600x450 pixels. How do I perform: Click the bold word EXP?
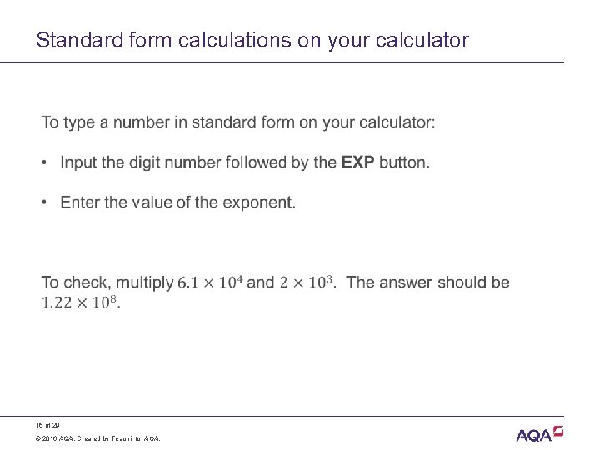[357, 162]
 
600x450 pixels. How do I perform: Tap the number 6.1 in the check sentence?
[188, 282]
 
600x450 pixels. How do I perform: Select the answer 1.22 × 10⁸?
[80, 302]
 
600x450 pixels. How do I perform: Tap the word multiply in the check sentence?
[145, 282]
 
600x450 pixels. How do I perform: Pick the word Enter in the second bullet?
[80, 202]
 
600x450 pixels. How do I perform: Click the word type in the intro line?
[78, 122]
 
